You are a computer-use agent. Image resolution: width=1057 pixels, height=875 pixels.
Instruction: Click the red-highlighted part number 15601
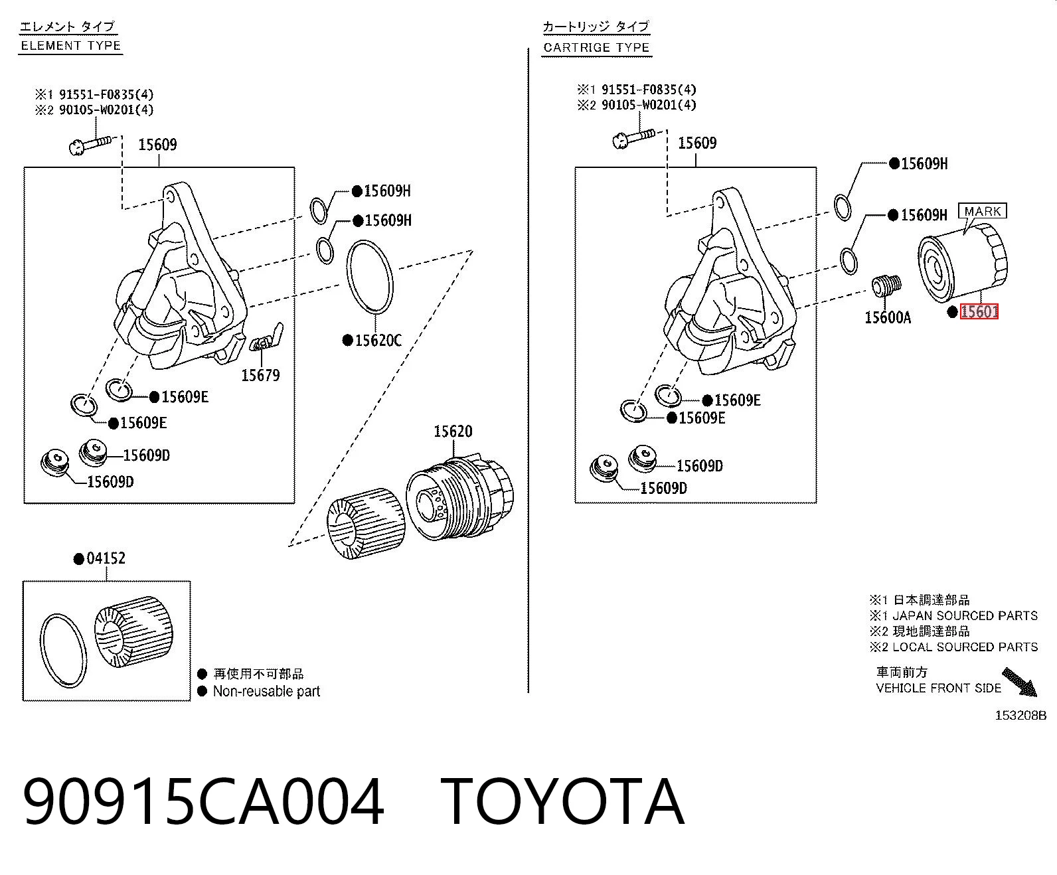[979, 311]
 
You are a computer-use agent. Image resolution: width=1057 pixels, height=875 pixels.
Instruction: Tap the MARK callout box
[982, 210]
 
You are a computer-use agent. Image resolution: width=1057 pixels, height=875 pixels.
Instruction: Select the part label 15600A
[888, 317]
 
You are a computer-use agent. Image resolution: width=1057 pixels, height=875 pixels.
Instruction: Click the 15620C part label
[378, 341]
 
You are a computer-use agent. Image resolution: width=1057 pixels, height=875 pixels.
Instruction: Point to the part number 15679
[260, 375]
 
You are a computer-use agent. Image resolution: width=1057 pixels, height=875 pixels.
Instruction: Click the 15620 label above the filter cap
[453, 432]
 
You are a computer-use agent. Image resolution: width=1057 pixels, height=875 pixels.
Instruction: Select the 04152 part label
[106, 558]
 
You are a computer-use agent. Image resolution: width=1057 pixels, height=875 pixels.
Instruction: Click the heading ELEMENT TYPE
[71, 46]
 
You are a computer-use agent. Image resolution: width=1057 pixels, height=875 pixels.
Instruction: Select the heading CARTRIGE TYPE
[596, 48]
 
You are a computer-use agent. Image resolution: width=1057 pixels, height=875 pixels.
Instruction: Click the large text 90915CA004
[203, 801]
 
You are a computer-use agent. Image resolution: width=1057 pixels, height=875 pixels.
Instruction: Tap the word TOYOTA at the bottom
[562, 801]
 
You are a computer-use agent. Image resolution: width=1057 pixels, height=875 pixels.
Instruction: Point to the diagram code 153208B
[1020, 715]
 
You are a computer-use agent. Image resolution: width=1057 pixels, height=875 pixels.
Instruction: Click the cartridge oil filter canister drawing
[962, 264]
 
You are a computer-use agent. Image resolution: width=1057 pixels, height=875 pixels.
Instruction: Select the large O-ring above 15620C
[370, 276]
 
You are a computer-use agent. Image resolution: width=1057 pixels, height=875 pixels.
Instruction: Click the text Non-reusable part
[266, 691]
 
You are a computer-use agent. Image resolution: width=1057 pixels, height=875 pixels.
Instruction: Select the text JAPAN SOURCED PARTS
[965, 615]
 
